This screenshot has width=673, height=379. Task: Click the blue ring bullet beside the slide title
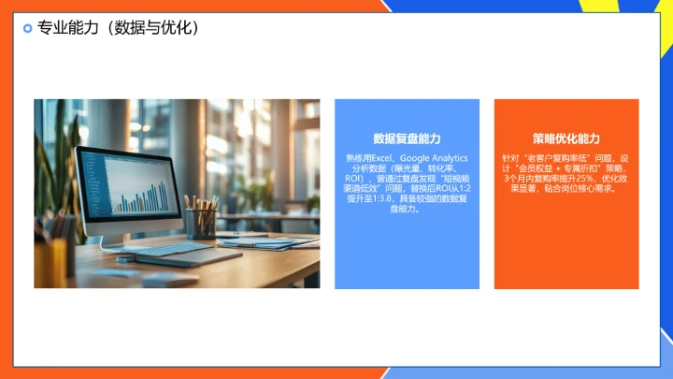[x=27, y=29]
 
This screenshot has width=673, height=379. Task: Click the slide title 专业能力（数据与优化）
[x=118, y=29]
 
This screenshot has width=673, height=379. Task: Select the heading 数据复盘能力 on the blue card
[x=407, y=138]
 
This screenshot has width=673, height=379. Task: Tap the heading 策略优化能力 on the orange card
[x=566, y=138]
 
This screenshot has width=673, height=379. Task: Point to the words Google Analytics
[x=435, y=158]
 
